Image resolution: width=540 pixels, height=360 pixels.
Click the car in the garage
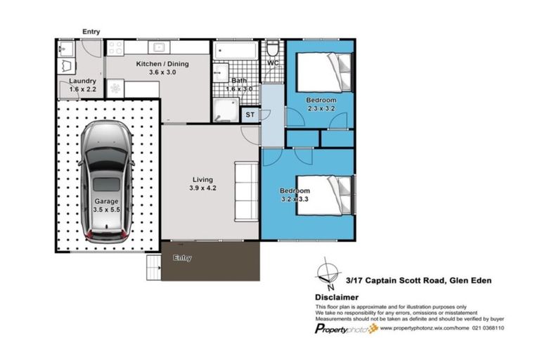tap(106, 182)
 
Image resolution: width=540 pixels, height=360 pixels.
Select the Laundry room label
tap(82, 81)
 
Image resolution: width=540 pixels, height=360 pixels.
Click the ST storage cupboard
tap(250, 115)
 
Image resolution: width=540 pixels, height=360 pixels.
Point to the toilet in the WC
tap(272, 49)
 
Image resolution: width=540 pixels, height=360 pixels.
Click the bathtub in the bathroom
tap(236, 51)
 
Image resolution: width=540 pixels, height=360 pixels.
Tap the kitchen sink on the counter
tap(158, 48)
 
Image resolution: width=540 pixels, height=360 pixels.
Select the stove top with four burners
tap(115, 48)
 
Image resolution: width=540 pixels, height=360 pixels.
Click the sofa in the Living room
tap(246, 191)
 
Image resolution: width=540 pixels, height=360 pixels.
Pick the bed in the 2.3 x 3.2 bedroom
tap(324, 72)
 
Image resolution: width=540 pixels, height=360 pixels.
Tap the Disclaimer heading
tap(337, 297)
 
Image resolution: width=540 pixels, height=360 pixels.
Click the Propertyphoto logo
tap(346, 328)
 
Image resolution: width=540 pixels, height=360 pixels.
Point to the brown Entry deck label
tap(182, 257)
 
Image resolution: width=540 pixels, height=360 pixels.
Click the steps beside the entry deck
tap(153, 268)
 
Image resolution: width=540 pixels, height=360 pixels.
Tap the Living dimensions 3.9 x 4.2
tap(202, 188)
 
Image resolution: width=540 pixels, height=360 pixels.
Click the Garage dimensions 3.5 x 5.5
tap(106, 210)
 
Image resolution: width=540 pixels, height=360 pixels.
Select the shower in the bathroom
tap(226, 110)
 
